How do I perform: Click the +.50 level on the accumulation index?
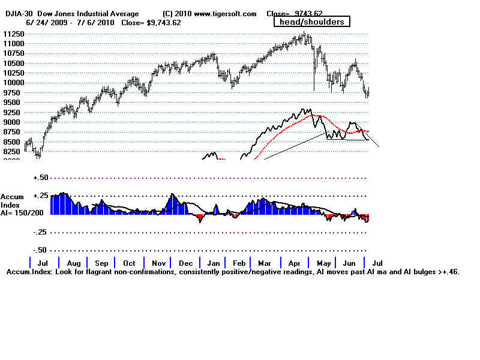(40, 178)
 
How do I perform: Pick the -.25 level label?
(40, 232)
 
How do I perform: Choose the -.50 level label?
(40, 250)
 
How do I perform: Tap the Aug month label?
(73, 263)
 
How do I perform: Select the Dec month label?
(185, 263)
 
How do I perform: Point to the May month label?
(323, 263)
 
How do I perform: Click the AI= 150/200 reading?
(22, 213)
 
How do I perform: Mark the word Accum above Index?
(13, 196)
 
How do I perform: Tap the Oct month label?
(129, 263)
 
